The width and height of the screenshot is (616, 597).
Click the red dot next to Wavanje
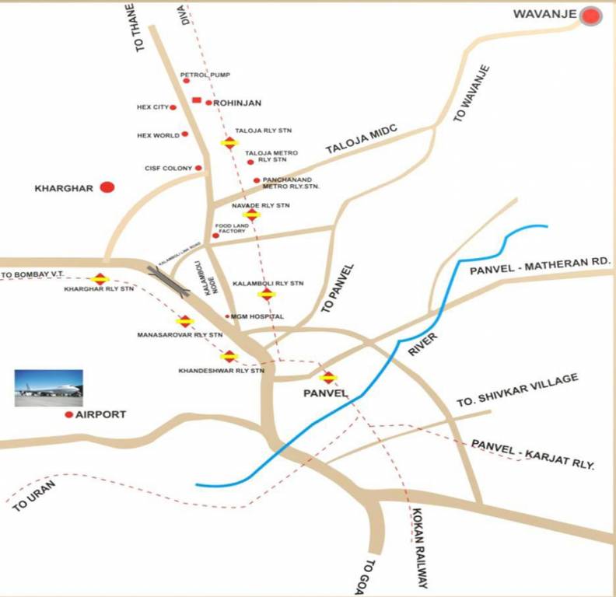(x=592, y=16)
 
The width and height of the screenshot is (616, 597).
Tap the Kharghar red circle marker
(x=107, y=187)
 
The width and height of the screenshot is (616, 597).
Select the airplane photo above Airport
(x=48, y=388)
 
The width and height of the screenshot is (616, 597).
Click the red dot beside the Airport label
(x=69, y=415)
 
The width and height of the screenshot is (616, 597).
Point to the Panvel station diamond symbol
(x=329, y=378)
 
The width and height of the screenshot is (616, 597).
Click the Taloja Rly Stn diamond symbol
(x=229, y=143)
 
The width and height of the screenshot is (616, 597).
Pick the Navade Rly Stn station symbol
(x=251, y=215)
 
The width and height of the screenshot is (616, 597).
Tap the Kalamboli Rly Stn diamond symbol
(x=267, y=294)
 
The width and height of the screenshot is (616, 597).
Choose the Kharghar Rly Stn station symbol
(x=100, y=279)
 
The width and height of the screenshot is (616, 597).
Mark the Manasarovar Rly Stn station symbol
(x=184, y=321)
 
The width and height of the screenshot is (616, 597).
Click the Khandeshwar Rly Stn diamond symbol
(x=229, y=357)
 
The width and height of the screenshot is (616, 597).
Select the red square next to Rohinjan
(x=196, y=101)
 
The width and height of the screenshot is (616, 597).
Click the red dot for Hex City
(x=173, y=107)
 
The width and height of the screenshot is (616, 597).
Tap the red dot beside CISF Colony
(x=198, y=168)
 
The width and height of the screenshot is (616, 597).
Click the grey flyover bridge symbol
(x=169, y=281)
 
